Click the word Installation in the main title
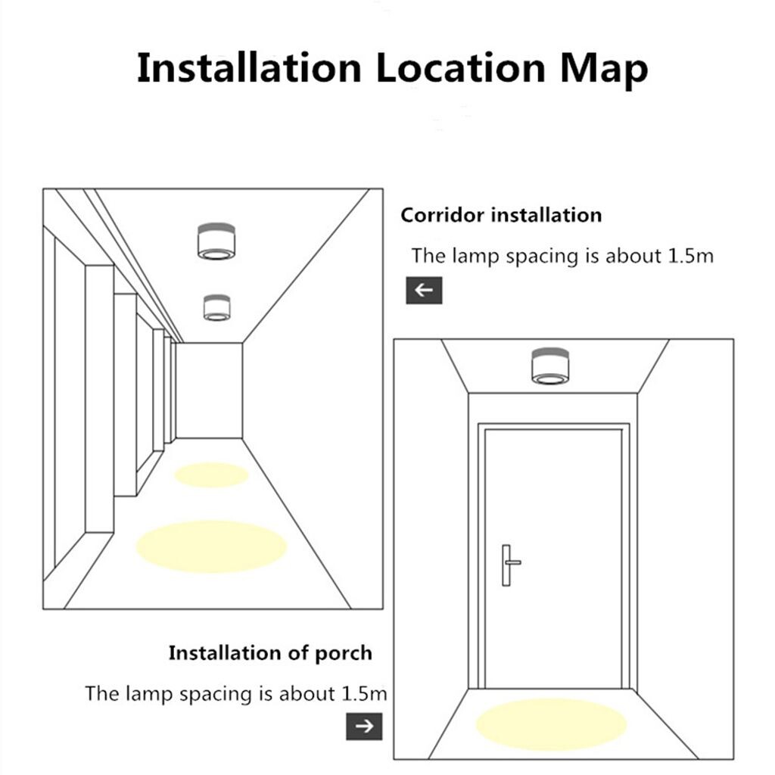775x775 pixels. point(249,67)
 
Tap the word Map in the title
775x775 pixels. point(603,70)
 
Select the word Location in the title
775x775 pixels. point(461,67)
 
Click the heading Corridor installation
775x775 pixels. point(501,215)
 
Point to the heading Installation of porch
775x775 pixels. point(270,653)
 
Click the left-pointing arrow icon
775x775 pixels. point(424,290)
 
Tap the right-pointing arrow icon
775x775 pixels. point(364,726)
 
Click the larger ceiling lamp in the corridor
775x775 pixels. point(216,241)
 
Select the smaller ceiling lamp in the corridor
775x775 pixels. point(217,307)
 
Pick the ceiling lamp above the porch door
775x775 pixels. point(550,366)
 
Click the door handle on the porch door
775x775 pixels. point(509,565)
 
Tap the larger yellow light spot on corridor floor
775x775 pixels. point(212,546)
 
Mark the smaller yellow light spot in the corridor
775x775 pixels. point(211,475)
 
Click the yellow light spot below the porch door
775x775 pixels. point(551,724)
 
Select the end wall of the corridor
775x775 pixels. point(209,391)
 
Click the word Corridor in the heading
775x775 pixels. point(442,215)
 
